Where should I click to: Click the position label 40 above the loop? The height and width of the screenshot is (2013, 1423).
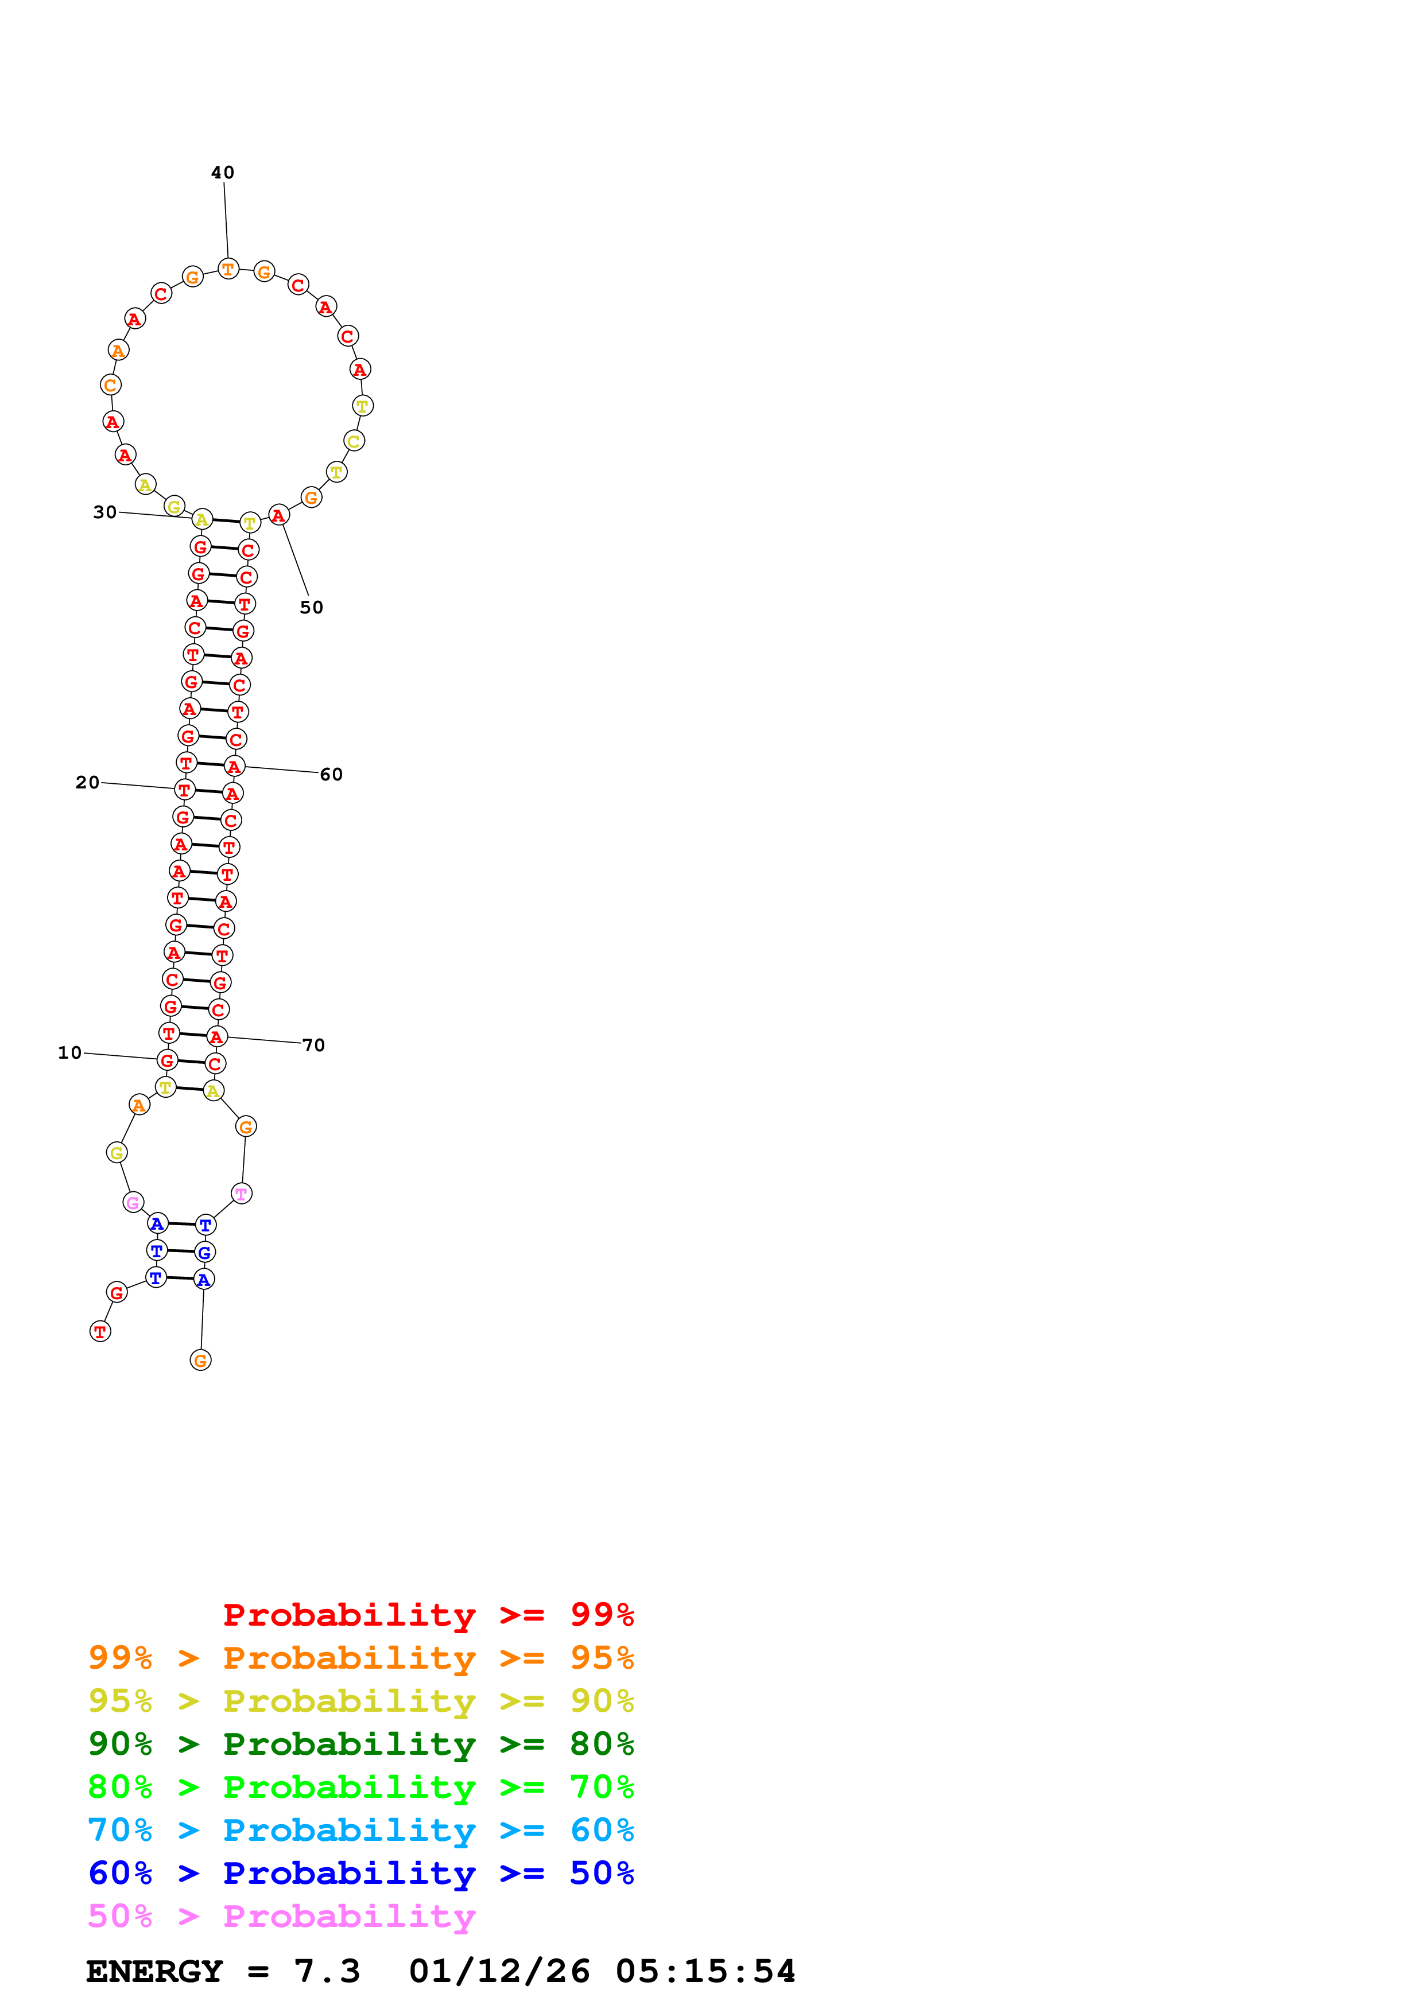tap(223, 173)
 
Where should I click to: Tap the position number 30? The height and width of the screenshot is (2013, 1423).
tap(104, 512)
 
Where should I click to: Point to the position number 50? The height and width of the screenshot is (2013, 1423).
tap(311, 608)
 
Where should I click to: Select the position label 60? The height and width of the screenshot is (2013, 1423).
tap(331, 774)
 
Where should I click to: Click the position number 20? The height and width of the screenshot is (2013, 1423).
tap(87, 782)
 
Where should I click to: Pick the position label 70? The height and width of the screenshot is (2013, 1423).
tap(313, 1045)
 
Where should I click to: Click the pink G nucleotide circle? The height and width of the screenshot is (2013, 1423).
tap(133, 1202)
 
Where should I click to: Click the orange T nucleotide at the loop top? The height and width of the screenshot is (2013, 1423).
tap(228, 269)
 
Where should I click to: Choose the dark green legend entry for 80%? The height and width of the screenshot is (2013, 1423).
tap(360, 1744)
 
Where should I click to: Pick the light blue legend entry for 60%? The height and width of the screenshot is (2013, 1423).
tap(360, 1830)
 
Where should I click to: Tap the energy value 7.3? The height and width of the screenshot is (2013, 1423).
tap(326, 1972)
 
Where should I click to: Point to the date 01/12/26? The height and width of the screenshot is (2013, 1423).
tap(499, 1972)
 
